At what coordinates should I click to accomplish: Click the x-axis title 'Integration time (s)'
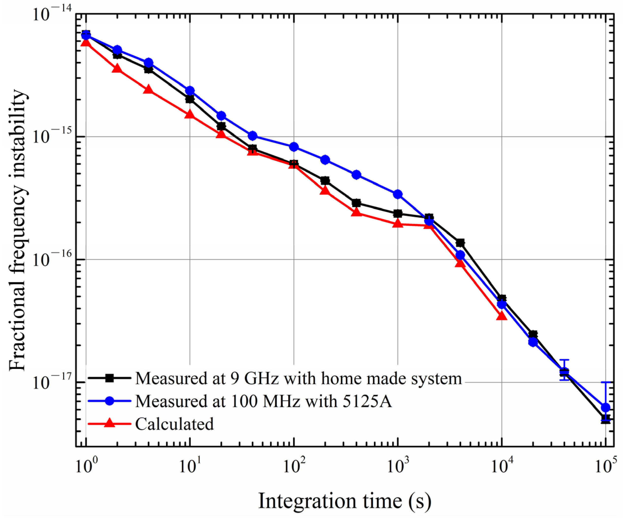(x=345, y=501)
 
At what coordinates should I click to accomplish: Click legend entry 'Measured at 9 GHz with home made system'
(x=298, y=379)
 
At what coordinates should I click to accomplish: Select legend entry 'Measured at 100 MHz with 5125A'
(x=263, y=401)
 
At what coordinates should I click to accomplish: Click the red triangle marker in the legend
(x=110, y=423)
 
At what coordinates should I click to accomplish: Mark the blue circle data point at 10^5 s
(x=606, y=407)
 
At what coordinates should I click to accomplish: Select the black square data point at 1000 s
(x=398, y=213)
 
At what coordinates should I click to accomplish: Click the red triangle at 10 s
(x=190, y=114)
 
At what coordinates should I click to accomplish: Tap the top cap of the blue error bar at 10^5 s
(x=606, y=382)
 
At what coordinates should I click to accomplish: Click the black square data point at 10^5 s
(x=606, y=419)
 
